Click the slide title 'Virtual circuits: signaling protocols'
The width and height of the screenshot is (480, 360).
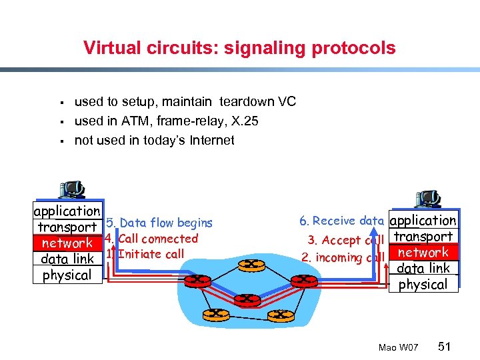click(x=239, y=48)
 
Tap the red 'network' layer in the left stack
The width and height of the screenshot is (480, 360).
click(x=67, y=243)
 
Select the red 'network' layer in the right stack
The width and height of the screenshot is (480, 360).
click(x=423, y=253)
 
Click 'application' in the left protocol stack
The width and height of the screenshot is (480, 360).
click(x=67, y=211)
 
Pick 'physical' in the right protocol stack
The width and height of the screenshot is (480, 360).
click(x=423, y=285)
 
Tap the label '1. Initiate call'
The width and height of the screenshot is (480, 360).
click(x=145, y=254)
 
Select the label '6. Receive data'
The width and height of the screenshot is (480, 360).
click(x=341, y=221)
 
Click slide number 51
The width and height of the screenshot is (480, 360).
click(x=445, y=347)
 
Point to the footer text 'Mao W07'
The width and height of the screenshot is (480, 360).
click(x=397, y=348)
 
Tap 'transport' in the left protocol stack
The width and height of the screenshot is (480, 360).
click(x=67, y=227)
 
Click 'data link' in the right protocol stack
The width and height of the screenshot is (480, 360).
click(x=423, y=269)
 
